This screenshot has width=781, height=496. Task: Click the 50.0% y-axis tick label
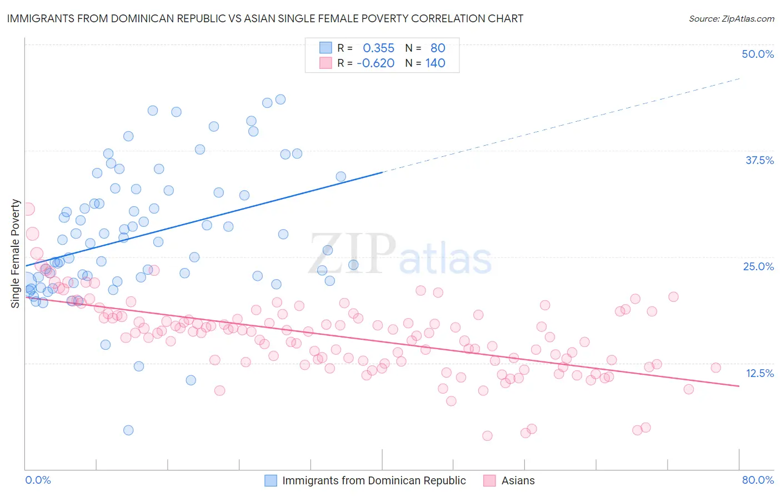[x=758, y=54]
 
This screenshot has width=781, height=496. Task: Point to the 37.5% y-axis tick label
[x=759, y=160]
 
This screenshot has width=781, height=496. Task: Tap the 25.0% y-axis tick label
[x=758, y=266]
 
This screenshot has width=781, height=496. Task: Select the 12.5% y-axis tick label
[x=759, y=373]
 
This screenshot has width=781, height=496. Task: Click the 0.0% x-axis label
[x=38, y=480]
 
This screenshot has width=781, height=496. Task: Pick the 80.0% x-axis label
[x=758, y=480]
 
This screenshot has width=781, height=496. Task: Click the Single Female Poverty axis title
[x=16, y=254]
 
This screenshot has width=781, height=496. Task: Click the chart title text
[x=265, y=18]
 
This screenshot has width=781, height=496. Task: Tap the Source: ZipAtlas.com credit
[x=731, y=18]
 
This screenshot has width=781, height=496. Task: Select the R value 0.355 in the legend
[x=378, y=48]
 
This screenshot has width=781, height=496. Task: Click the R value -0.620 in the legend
[x=376, y=63]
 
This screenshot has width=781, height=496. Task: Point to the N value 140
[x=435, y=63]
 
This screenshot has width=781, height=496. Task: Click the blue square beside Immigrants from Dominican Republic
[x=271, y=480]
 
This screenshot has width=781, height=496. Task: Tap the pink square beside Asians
[x=489, y=480]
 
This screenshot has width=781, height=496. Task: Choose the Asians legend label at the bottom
[x=518, y=480]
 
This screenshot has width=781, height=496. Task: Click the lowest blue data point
[x=128, y=430]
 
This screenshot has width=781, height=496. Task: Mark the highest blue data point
[x=281, y=100]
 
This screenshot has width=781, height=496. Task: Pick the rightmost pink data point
[x=715, y=368]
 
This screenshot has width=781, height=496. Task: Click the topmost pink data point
[x=28, y=209]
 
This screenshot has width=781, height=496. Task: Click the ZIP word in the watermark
[x=352, y=254]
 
